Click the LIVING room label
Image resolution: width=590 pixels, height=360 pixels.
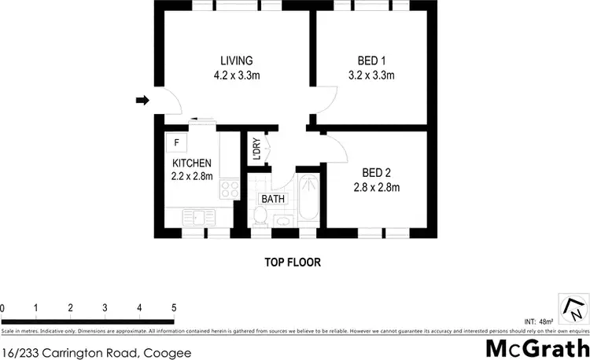tap(236, 61)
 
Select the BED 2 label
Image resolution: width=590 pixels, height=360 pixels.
tap(376, 172)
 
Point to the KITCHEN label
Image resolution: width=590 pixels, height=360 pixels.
tap(192, 163)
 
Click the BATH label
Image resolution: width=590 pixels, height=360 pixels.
tap(273, 199)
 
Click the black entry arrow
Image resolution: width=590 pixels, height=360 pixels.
tap(142, 100)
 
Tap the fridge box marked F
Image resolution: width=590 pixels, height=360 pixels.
tap(177, 142)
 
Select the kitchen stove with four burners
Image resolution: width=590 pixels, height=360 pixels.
tap(229, 189)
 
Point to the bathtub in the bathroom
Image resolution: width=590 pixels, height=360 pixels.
tap(307, 202)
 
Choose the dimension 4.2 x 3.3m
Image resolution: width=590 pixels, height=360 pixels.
tap(236, 75)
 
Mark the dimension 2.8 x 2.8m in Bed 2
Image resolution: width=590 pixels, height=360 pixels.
tap(376, 187)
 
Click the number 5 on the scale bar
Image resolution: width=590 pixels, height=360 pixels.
tap(173, 307)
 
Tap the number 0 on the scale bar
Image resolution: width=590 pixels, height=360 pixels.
tap(3, 307)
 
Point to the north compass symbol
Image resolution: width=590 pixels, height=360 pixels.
tap(573, 306)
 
